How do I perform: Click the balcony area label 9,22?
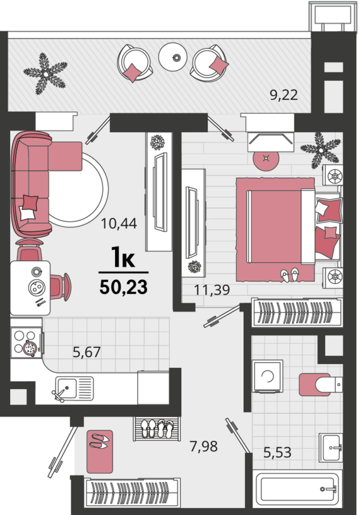(x=284, y=95)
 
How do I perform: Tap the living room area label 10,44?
(x=119, y=224)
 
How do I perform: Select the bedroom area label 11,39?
(x=212, y=290)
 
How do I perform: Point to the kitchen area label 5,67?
(x=87, y=352)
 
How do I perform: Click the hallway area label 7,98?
(x=203, y=446)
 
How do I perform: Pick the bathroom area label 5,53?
(x=277, y=452)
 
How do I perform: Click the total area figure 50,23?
(x=123, y=288)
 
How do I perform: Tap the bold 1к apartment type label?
(x=123, y=257)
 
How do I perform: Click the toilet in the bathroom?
(x=321, y=385)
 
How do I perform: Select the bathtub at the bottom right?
(x=297, y=489)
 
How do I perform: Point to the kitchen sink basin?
(x=66, y=387)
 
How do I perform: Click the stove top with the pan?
(x=27, y=342)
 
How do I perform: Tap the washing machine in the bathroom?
(x=267, y=376)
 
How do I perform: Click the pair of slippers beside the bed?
(x=290, y=274)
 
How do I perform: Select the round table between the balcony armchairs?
(x=172, y=57)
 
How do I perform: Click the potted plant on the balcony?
(x=45, y=74)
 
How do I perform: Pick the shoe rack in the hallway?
(x=157, y=428)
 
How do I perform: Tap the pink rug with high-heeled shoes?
(x=100, y=451)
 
